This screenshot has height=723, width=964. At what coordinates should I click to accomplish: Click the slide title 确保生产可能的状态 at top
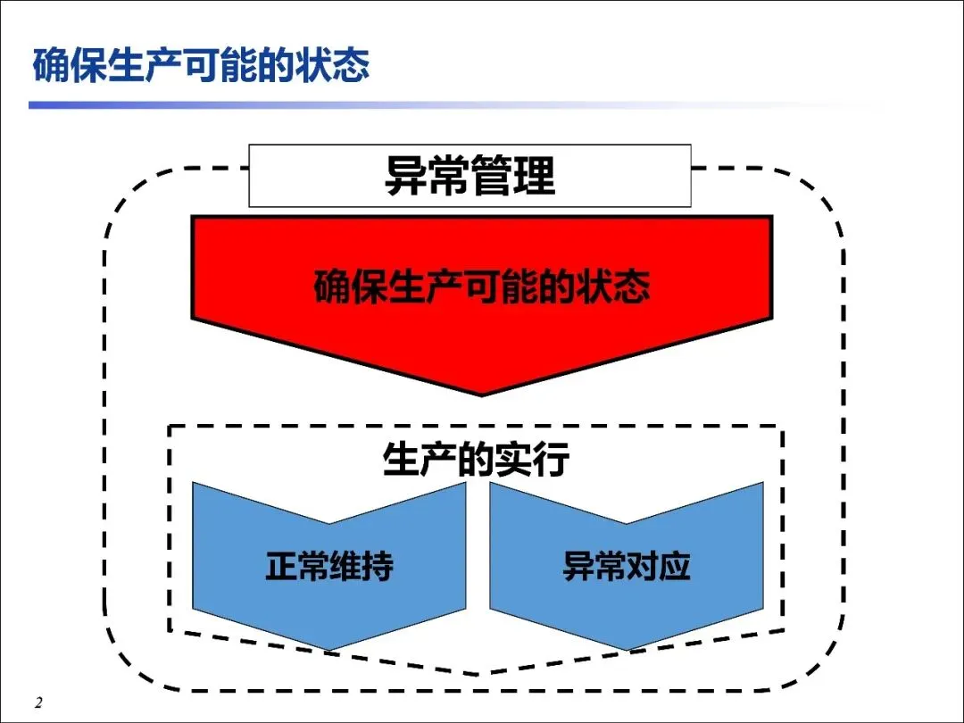coord(201,68)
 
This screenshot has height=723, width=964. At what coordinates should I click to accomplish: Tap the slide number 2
coord(38,702)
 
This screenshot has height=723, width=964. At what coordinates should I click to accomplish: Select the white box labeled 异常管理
coord(470,175)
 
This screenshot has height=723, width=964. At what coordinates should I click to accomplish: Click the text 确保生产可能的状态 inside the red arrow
coord(482,287)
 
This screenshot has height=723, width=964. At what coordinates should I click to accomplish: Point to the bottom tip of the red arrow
coord(482,393)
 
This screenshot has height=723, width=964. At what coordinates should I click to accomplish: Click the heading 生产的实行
coord(476,461)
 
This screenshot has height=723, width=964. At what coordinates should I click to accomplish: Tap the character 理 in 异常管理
coord(535,175)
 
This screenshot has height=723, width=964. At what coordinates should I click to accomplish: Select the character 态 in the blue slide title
coord(350,68)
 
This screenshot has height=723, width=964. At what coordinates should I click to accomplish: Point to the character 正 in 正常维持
coord(281,567)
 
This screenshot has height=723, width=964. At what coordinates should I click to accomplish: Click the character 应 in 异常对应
coord(675,567)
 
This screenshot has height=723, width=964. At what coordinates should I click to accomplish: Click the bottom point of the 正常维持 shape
coord(329,648)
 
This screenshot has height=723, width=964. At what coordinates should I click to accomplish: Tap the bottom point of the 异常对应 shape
coord(627,648)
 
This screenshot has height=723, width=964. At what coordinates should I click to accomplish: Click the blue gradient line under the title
coord(357,105)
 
